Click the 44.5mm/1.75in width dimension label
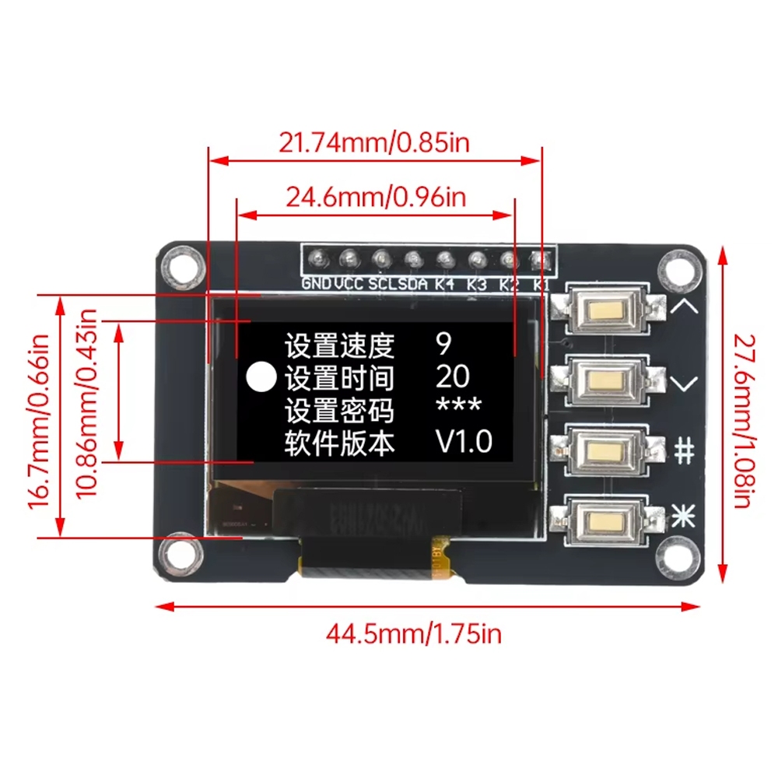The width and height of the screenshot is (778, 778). pos(413,634)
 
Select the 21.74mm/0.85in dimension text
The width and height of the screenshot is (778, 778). pos(374,142)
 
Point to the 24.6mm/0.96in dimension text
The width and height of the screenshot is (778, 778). pos(376,197)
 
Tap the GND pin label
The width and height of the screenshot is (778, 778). pos(317,284)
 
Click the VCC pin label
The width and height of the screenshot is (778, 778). pos(349,284)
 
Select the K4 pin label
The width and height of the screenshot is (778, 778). pos(444,284)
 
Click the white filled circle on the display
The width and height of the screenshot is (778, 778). pos(261,378)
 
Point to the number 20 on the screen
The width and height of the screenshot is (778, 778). pos(452,377)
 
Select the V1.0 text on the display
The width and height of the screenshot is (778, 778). pos(463,442)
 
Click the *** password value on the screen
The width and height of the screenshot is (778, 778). pos(458,408)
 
